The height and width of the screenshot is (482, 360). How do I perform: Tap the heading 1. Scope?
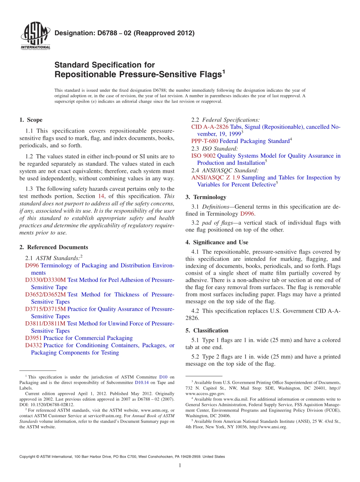coord(31,120)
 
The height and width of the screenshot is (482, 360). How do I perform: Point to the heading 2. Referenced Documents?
coord(53,247)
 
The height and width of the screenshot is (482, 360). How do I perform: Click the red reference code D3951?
coord(33,338)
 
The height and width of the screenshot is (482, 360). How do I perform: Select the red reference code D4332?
coord(33,345)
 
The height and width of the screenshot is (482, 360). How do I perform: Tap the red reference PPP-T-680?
coord(205,141)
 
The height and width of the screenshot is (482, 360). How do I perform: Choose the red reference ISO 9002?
coord(203,156)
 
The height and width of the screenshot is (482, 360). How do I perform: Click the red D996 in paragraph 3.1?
coord(247,214)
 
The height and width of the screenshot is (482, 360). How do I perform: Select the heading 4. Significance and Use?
coord(217,242)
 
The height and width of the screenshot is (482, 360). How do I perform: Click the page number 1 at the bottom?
coord(180,465)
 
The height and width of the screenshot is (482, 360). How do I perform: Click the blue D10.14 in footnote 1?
coord(142,382)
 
